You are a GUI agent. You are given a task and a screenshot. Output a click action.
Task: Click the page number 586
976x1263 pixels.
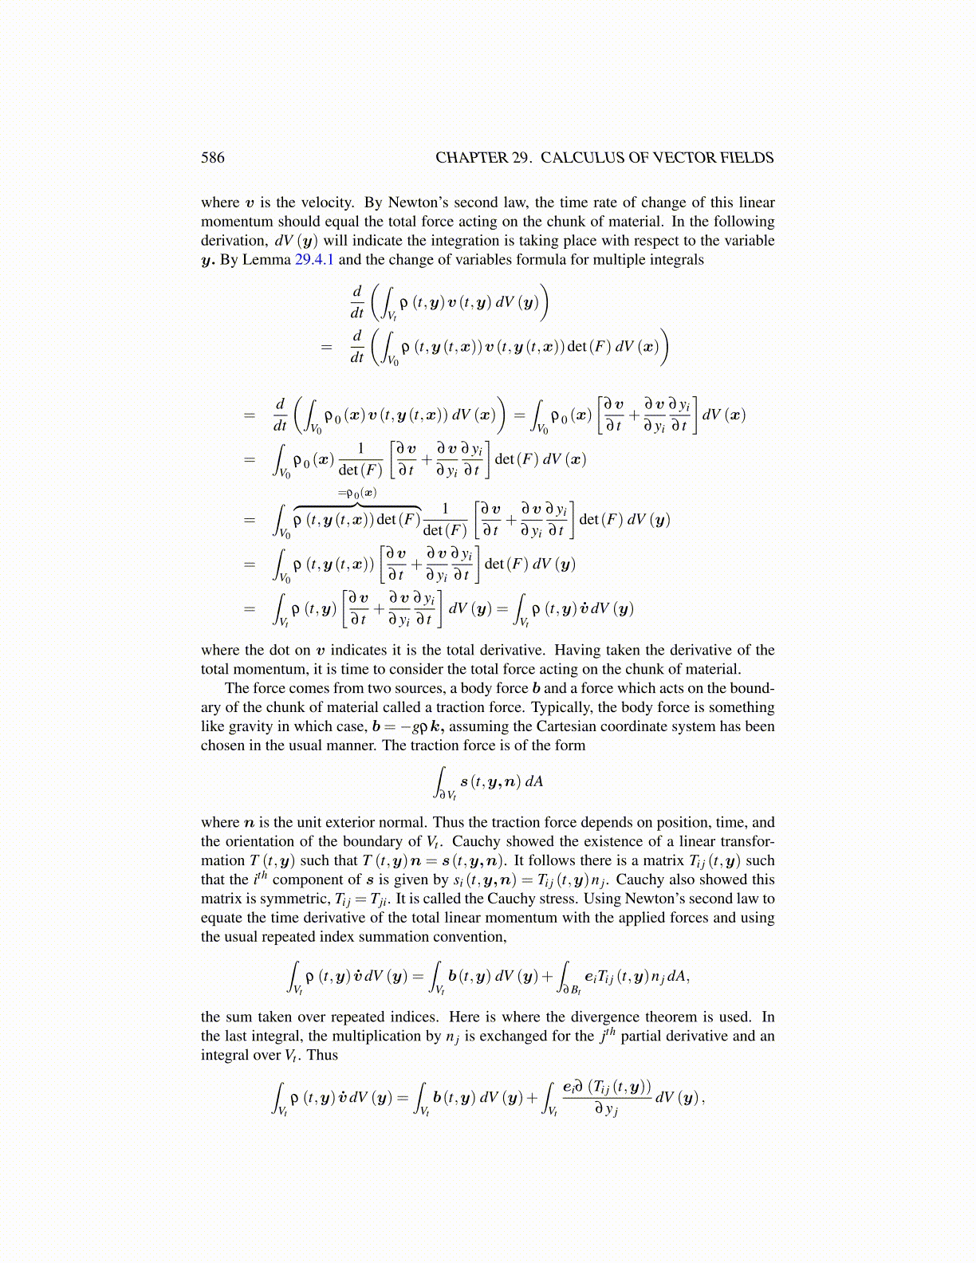pyautogui.click(x=213, y=158)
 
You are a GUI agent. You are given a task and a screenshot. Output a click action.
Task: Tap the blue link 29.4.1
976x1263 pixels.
pyautogui.click(x=314, y=260)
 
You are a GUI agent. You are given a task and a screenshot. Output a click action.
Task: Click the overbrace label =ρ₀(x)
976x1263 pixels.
pyautogui.click(x=357, y=493)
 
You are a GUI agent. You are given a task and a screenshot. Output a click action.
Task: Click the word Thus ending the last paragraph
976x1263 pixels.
pyautogui.click(x=322, y=1056)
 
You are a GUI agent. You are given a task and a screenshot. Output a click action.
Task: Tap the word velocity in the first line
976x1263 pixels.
pyautogui.click(x=328, y=203)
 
